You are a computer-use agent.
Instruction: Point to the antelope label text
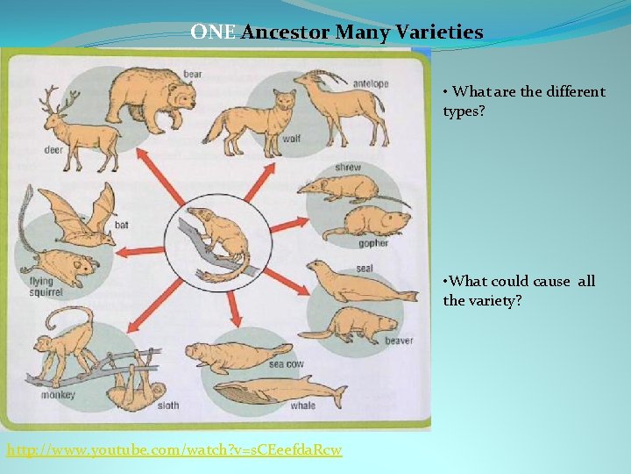[371, 83]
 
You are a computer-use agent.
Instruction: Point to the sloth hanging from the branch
[136, 377]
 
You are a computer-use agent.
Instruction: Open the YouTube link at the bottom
[174, 450]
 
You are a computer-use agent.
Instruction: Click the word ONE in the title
[213, 33]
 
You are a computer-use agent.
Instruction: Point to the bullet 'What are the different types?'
[523, 101]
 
